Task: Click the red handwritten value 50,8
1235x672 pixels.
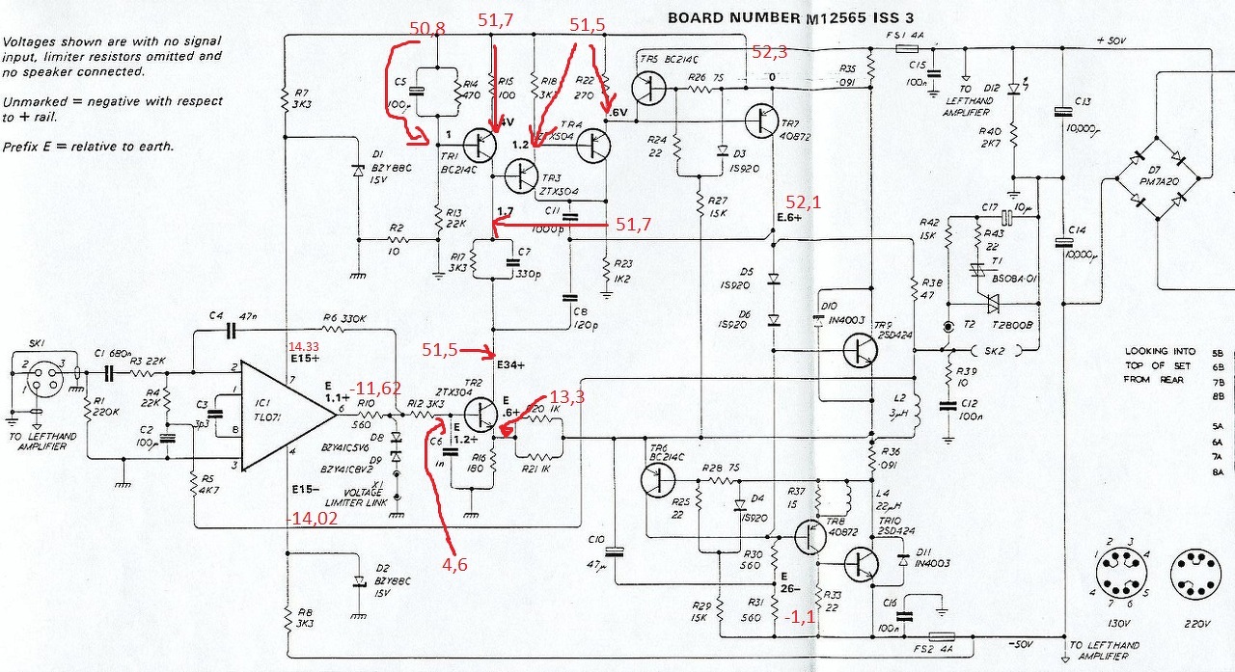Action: [427, 29]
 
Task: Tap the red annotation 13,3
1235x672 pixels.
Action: [567, 396]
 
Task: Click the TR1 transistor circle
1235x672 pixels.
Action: [479, 145]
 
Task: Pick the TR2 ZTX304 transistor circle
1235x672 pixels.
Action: [479, 415]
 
